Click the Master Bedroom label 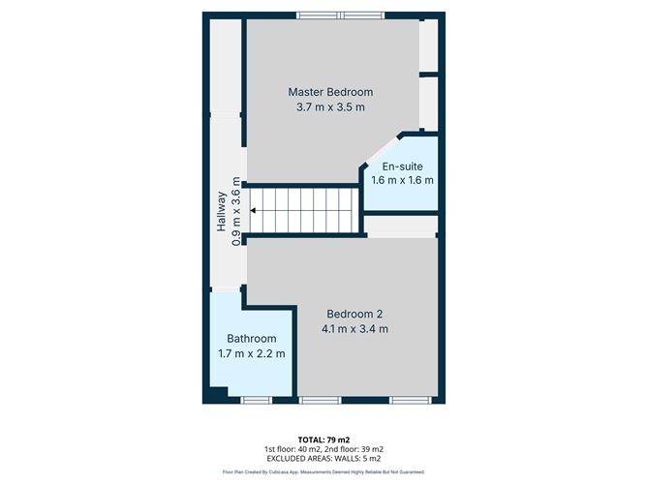click(330, 92)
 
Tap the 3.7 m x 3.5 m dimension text click(330, 107)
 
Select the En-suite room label click(403, 166)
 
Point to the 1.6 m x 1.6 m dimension click(403, 180)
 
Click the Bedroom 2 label click(354, 314)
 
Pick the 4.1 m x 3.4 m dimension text click(354, 329)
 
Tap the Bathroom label click(252, 339)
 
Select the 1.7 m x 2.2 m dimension click(252, 354)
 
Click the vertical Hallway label click(222, 210)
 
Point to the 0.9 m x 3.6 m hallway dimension click(236, 210)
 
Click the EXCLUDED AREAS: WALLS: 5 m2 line click(323, 460)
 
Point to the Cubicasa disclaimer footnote click(323, 472)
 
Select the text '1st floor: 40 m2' click(291, 449)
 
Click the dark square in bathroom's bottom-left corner click(216, 394)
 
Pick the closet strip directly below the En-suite click(401, 226)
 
